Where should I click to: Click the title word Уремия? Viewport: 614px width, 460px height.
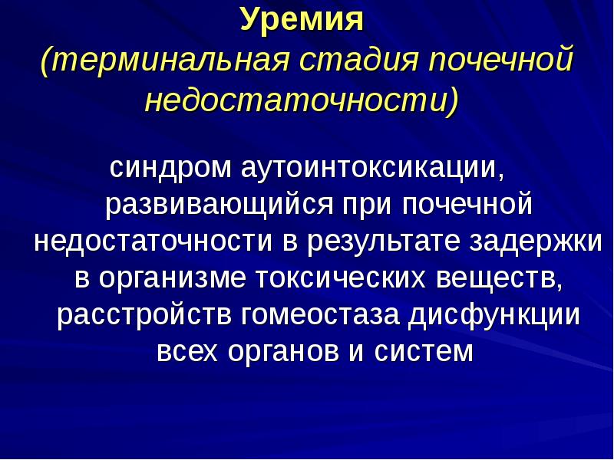tap(301, 19)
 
